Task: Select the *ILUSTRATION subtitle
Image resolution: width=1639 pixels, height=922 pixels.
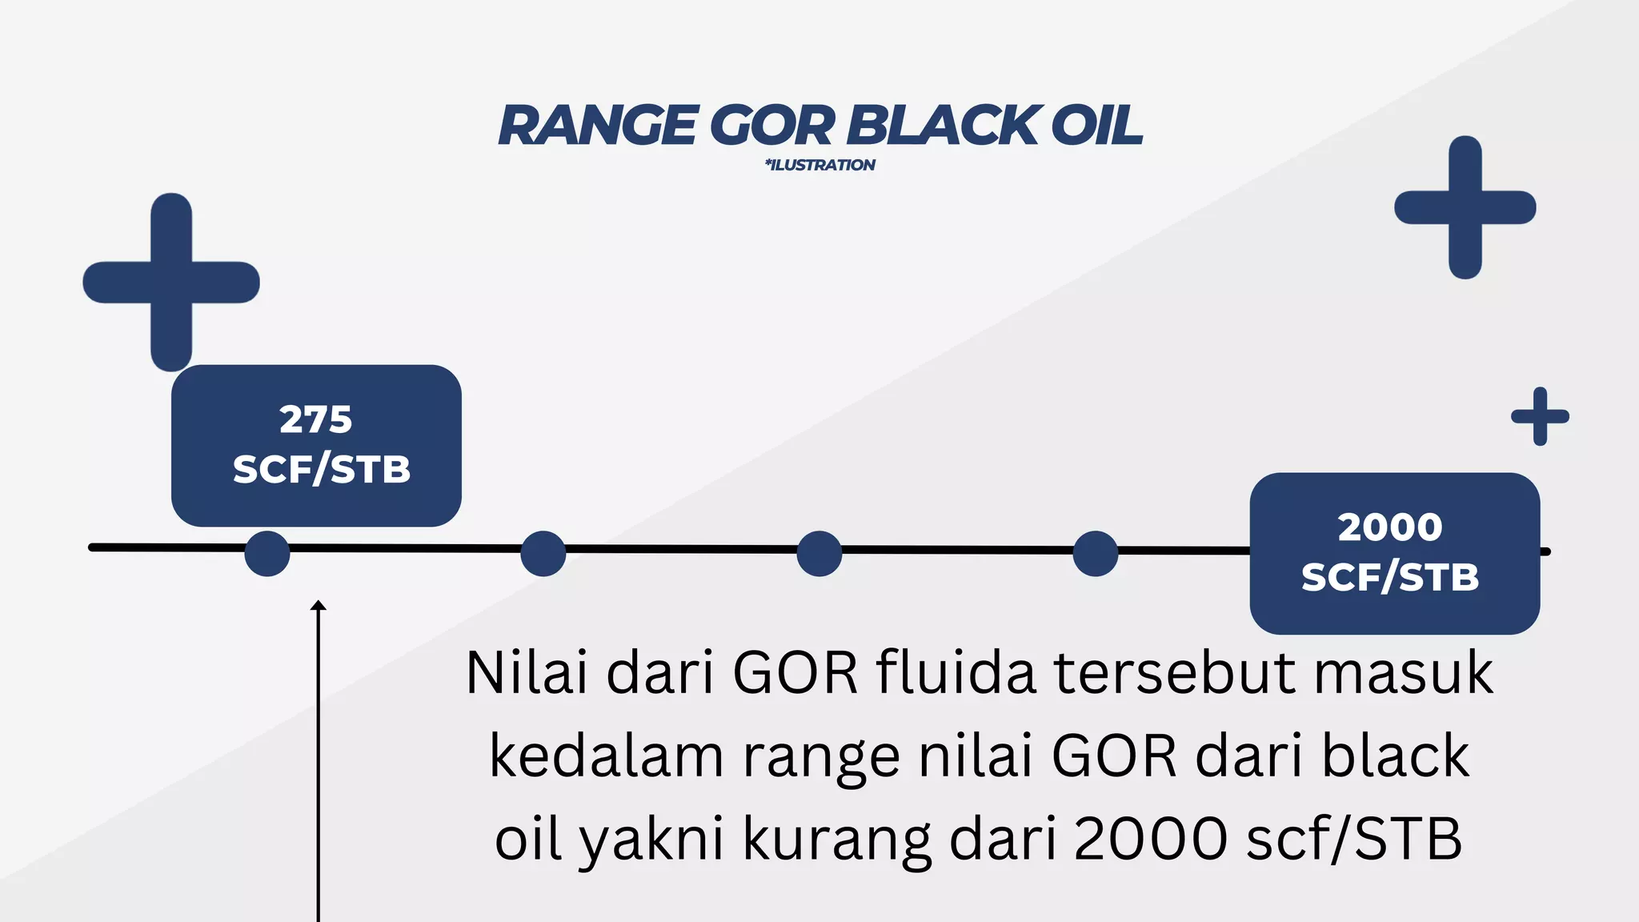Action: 820,165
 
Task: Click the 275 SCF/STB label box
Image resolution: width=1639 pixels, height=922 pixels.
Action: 316,445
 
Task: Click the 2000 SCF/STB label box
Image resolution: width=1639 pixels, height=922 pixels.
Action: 1394,553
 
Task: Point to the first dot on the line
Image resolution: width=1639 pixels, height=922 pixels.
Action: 267,553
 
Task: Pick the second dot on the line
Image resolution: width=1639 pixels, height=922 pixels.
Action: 543,553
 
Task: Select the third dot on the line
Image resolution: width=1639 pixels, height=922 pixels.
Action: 819,553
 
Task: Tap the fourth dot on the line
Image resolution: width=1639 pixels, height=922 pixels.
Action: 1095,553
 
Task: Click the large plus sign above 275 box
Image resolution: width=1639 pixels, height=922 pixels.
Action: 171,282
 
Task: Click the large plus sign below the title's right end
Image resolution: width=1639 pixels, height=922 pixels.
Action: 1465,207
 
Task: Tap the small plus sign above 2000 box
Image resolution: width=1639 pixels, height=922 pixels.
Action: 1540,416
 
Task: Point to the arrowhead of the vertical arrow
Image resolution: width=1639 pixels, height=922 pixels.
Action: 319,606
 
